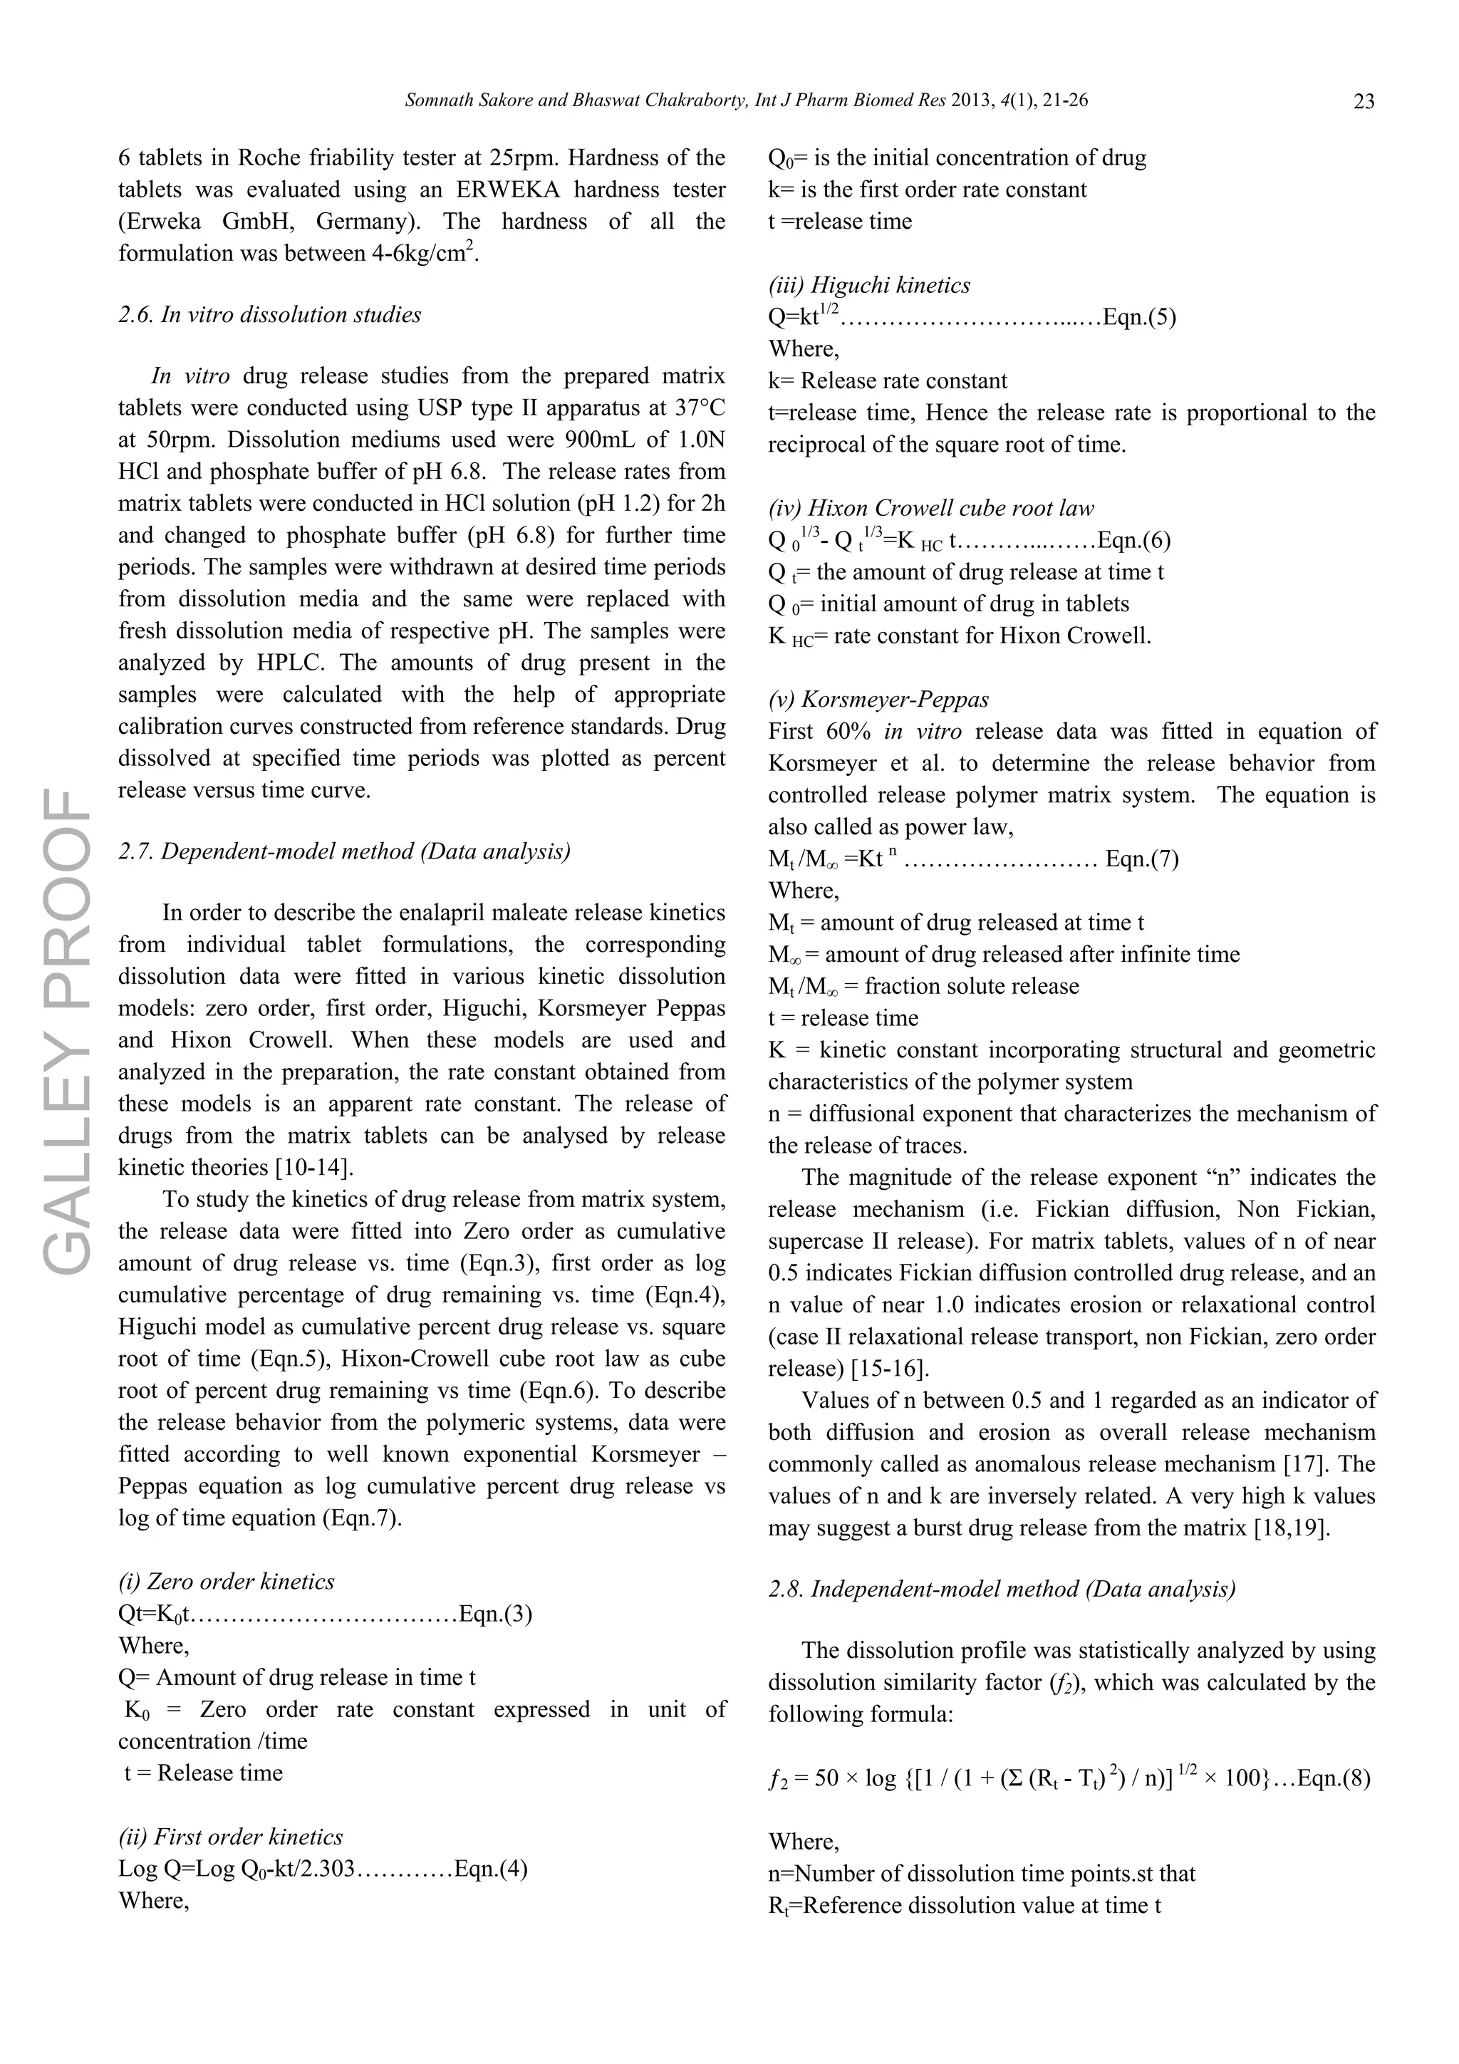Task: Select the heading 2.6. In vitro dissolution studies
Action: pos(270,315)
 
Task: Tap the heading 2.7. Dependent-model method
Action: pos(344,851)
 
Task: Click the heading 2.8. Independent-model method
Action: pos(1002,1589)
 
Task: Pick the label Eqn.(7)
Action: pos(1142,859)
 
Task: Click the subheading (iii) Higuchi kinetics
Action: pos(869,285)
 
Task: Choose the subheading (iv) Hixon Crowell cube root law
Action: pos(930,508)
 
